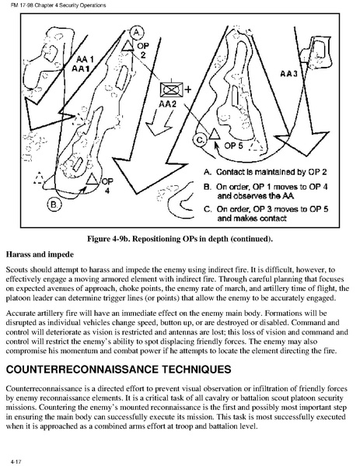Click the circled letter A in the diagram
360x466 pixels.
tap(137, 32)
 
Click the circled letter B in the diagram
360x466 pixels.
tap(54, 205)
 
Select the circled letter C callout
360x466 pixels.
tap(200, 140)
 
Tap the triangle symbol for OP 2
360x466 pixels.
tap(128, 46)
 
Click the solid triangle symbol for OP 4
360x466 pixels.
tap(92, 179)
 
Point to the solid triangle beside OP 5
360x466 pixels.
tap(215, 135)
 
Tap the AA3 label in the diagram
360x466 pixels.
tap(288, 73)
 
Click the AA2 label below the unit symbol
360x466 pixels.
tap(167, 104)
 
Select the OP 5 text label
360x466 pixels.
tap(234, 145)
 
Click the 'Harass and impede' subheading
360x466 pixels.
tap(40, 254)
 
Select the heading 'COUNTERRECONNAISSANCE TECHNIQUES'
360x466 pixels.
tap(118, 370)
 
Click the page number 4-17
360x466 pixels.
tap(16, 461)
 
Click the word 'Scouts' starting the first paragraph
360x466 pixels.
tap(16, 270)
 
